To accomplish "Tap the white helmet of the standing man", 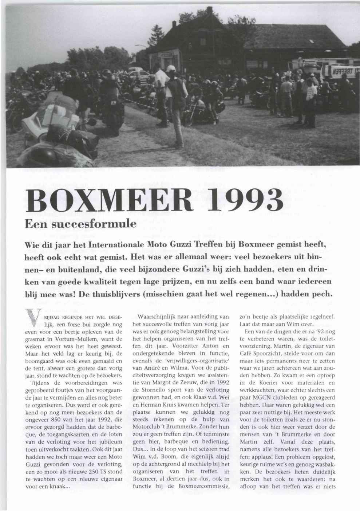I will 171,68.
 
